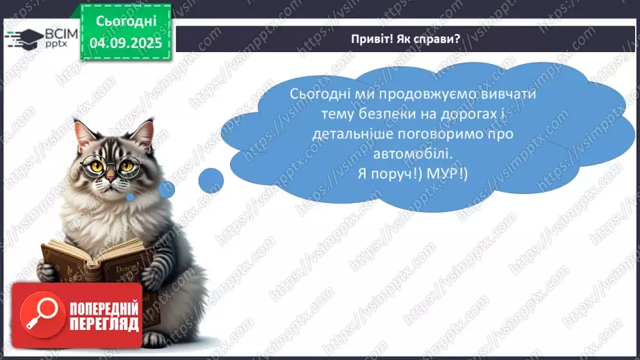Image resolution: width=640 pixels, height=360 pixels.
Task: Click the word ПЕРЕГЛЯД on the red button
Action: pos(103,324)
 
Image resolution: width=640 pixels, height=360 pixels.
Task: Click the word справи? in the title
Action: pos(437,39)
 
